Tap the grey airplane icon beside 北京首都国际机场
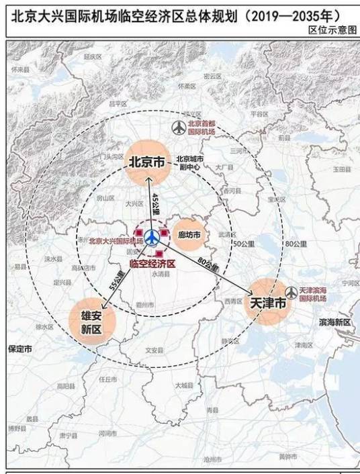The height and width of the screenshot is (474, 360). point(179,127)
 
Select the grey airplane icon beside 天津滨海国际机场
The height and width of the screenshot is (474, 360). point(291,293)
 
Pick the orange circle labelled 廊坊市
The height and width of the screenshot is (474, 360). point(189,234)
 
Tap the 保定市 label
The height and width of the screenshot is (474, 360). point(19,349)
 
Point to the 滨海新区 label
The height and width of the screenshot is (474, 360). point(334,322)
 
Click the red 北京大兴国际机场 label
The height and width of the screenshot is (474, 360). point(116,240)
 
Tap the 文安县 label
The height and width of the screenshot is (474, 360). point(154,350)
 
